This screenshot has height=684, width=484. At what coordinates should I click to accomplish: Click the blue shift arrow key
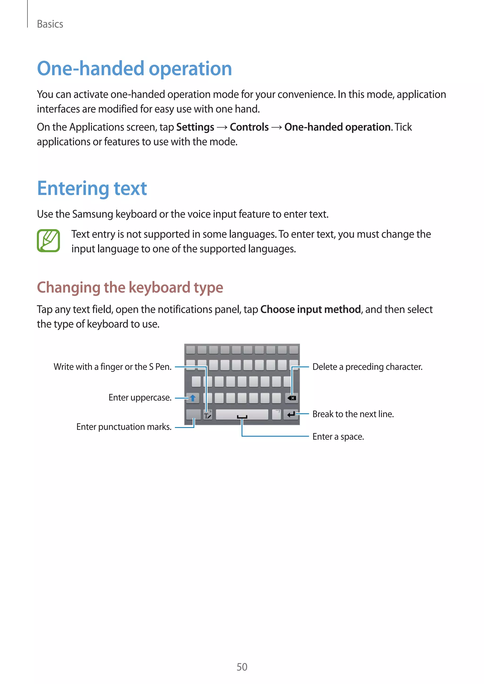pyautogui.click(x=193, y=398)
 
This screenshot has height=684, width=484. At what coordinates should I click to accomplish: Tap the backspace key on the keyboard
pyautogui.click(x=292, y=398)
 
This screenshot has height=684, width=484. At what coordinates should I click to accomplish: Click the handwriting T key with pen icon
pyautogui.click(x=208, y=415)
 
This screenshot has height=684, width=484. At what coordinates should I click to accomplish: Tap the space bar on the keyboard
pyautogui.click(x=242, y=415)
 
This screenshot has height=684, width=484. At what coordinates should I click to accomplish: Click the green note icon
pyautogui.click(x=48, y=241)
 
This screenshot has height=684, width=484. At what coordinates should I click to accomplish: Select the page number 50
pyautogui.click(x=242, y=667)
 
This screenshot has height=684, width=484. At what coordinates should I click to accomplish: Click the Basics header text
pyautogui.click(x=50, y=24)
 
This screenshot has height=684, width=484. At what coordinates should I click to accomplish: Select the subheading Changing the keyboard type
pyautogui.click(x=130, y=287)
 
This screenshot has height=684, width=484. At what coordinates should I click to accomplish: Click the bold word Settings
pyautogui.click(x=195, y=127)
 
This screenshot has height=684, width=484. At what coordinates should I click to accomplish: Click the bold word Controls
pyautogui.click(x=249, y=127)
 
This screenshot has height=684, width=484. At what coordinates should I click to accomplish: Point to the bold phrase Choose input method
pyautogui.click(x=310, y=310)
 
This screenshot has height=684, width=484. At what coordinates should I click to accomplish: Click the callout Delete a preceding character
pyautogui.click(x=367, y=367)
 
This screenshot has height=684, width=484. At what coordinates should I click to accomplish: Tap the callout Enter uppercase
pyautogui.click(x=140, y=398)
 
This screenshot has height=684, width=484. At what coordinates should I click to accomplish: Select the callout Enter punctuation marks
pyautogui.click(x=124, y=427)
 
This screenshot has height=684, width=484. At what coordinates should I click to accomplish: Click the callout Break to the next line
pyautogui.click(x=353, y=414)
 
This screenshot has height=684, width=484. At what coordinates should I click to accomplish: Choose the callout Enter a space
pyautogui.click(x=338, y=437)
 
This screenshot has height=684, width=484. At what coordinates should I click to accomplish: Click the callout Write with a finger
pyautogui.click(x=112, y=367)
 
